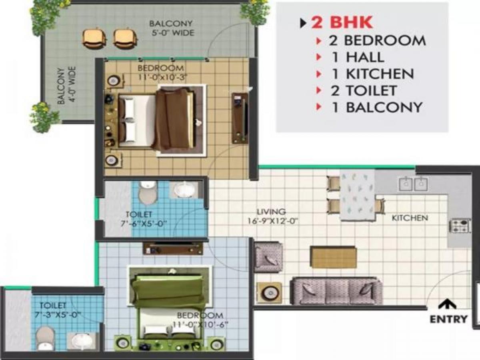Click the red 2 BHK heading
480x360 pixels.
click(x=342, y=22)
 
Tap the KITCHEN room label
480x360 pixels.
click(x=410, y=218)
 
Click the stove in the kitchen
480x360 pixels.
click(x=460, y=226)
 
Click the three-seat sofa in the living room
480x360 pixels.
click(x=336, y=290)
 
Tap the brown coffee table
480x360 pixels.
click(x=333, y=257)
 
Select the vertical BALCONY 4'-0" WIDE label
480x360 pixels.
click(x=66, y=86)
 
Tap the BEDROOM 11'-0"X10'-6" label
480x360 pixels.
click(x=200, y=320)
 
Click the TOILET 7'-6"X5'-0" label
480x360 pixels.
click(x=144, y=218)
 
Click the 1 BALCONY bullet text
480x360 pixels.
click(x=376, y=108)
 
